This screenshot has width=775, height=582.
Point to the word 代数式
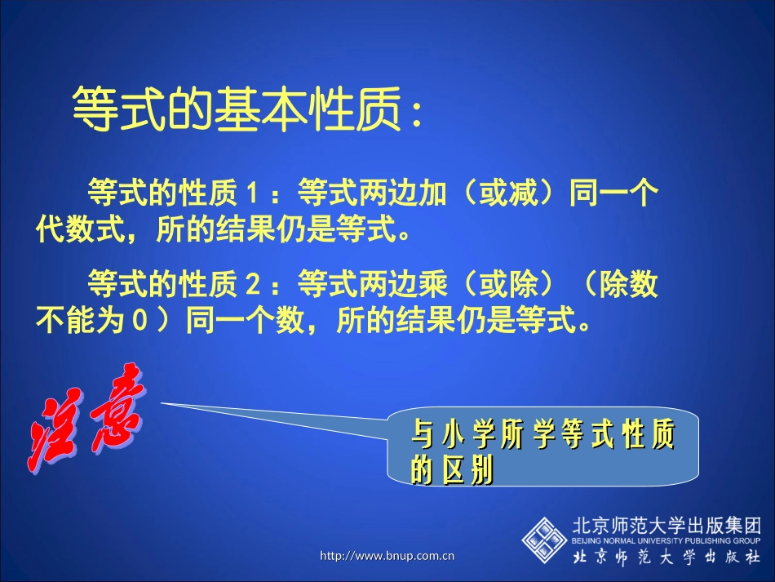click(76, 230)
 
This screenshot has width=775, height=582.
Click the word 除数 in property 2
click(630, 285)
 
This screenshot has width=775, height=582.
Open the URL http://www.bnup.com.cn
click(387, 557)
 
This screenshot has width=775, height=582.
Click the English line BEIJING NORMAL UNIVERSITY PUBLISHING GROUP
click(666, 540)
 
